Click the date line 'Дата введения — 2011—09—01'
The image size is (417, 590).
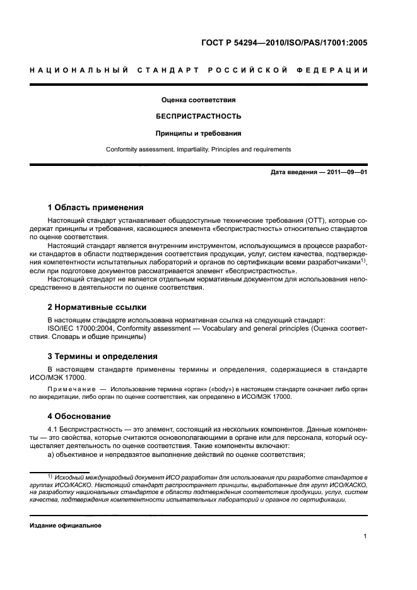pyautogui.click(x=319, y=172)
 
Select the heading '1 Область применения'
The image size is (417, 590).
pyautogui.click(x=95, y=207)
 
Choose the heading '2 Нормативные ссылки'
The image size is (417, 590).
pyautogui.click(x=97, y=307)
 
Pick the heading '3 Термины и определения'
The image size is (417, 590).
pyautogui.click(x=103, y=356)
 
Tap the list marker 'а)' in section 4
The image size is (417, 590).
pyautogui.click(x=52, y=454)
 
